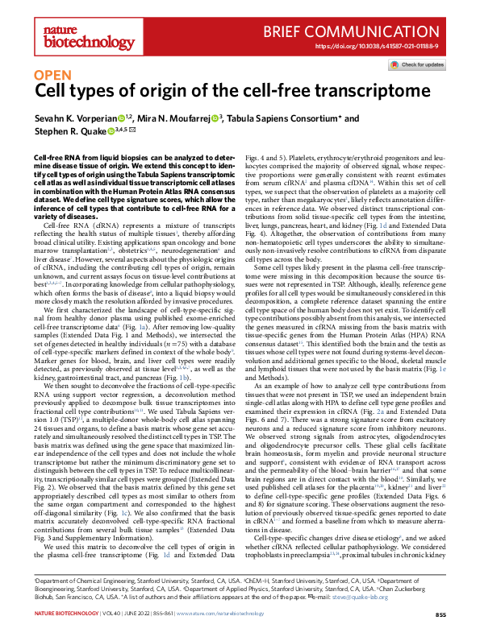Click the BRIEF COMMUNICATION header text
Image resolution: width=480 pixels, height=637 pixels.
pos(370,32)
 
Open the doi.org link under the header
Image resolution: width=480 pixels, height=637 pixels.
pos(386,47)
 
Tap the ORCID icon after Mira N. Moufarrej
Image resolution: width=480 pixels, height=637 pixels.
pos(216,118)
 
